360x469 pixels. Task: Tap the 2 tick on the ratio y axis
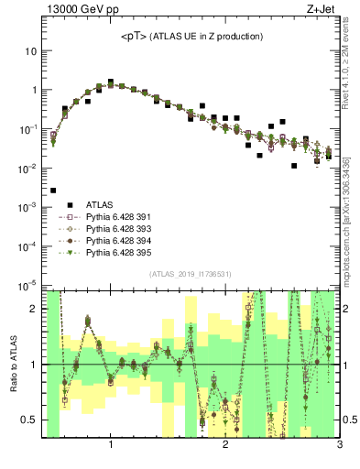pyautogui.click(x=34, y=309)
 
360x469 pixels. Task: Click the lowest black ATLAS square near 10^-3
pyautogui.click(x=53, y=191)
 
